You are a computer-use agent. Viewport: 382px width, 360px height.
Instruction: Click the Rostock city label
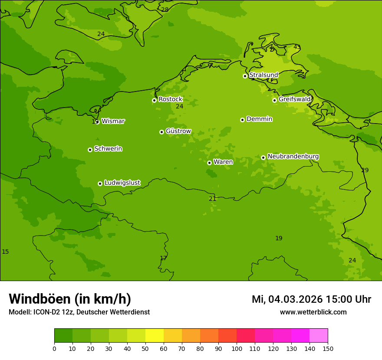(170, 99)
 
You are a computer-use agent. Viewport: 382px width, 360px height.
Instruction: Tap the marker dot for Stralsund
(245, 76)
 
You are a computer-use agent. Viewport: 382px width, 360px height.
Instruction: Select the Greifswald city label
(294, 99)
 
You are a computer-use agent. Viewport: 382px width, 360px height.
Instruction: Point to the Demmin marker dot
(242, 120)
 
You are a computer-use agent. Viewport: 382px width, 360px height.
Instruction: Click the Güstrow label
(178, 131)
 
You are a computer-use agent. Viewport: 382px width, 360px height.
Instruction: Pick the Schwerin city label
(108, 149)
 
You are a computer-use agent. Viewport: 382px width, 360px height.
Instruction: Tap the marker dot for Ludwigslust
(100, 183)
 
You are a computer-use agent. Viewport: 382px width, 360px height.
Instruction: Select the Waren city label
(223, 162)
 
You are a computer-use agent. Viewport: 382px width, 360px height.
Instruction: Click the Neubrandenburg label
(293, 157)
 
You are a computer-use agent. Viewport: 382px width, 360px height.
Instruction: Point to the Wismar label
(113, 121)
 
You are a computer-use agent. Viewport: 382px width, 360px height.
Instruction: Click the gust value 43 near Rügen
(297, 47)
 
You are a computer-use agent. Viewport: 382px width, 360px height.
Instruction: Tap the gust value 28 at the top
(165, 10)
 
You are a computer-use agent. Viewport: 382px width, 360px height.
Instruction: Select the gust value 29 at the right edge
(365, 170)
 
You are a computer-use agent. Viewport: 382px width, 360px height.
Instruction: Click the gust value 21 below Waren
(212, 199)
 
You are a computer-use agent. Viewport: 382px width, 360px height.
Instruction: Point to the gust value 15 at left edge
(5, 252)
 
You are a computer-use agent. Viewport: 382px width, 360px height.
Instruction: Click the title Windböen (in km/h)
(70, 299)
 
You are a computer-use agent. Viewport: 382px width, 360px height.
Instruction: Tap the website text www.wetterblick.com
(313, 312)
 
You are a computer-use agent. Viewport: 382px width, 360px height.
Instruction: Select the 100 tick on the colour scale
(237, 348)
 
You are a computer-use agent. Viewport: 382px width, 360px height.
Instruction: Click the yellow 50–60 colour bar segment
(155, 336)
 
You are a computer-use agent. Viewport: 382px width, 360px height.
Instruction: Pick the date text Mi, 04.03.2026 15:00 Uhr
(311, 299)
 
